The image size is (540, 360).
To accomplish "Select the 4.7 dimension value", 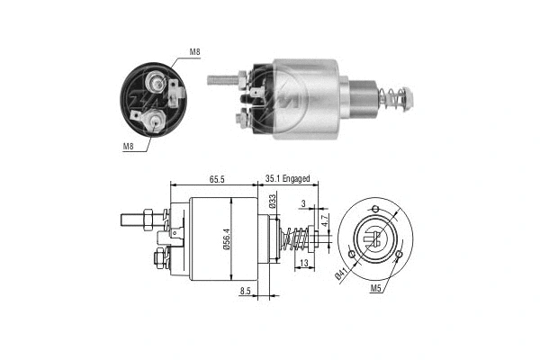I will click(x=324, y=219).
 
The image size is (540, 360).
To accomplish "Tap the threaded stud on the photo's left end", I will click(x=221, y=80).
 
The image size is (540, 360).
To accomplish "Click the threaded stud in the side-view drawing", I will click(x=135, y=219).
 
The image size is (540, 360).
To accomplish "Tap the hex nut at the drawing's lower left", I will click(x=158, y=260).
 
